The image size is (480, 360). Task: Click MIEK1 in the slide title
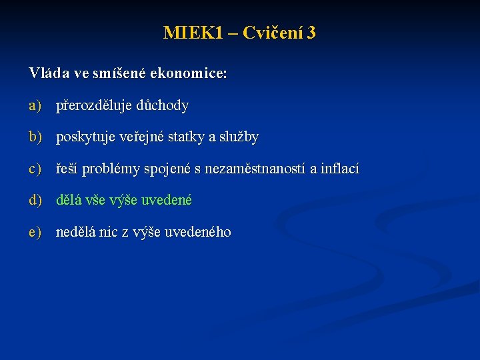[193, 33]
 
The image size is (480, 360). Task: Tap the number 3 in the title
[311, 33]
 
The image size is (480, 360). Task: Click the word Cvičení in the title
[272, 33]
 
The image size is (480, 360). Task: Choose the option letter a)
[35, 105]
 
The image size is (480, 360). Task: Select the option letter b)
[35, 137]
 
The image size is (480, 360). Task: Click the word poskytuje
[85, 137]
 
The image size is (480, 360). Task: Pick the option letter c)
[35, 169]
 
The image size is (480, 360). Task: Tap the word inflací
[339, 169]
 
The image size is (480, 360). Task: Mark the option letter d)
[35, 200]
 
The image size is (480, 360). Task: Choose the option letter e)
[35, 233]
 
